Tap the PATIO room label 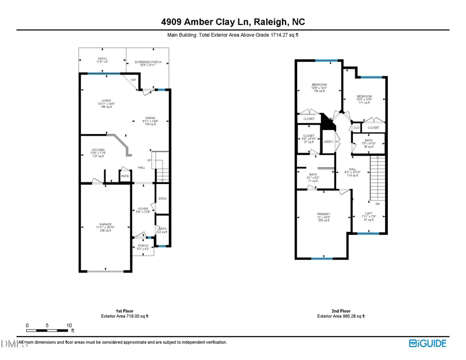point(102,58)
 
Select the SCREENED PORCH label point(147,62)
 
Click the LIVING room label point(107,101)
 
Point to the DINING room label point(150,118)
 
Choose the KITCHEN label point(98,150)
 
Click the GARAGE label point(105,224)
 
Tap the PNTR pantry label point(125,175)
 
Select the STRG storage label point(163,199)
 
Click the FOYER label point(143,209)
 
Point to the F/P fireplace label point(133,80)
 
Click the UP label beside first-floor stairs point(149,160)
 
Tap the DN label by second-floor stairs point(377,204)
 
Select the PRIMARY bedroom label point(323,214)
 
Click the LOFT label point(369,213)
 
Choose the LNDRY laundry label point(329,142)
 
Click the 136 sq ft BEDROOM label point(319,84)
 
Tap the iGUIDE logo point(428,343)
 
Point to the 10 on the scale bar point(69,325)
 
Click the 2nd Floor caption point(341,311)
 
